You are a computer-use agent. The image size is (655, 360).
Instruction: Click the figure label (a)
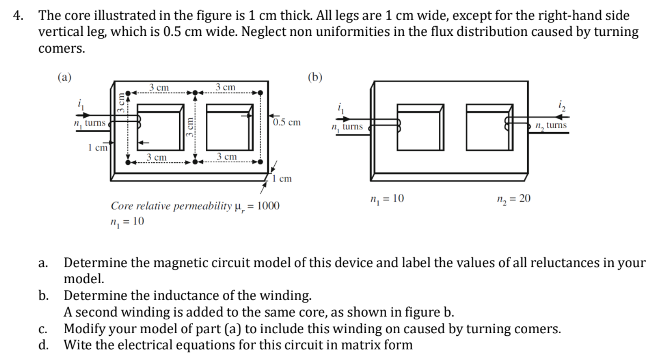[64, 77]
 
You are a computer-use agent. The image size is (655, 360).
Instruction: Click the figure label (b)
[315, 77]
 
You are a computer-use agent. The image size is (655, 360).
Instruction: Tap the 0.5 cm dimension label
[287, 122]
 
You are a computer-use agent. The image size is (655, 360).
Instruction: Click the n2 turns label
[551, 125]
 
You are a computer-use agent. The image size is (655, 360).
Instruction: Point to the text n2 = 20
[513, 199]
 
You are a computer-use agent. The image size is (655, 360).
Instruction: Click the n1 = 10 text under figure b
[387, 199]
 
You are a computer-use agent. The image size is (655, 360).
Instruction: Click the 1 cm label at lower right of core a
[282, 179]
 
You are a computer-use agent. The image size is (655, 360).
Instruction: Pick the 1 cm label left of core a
[98, 148]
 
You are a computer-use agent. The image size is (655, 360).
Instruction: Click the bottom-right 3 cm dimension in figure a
[227, 156]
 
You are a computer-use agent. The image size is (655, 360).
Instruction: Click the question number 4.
[17, 16]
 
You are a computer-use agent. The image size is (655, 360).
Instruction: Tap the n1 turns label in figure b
[347, 127]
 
